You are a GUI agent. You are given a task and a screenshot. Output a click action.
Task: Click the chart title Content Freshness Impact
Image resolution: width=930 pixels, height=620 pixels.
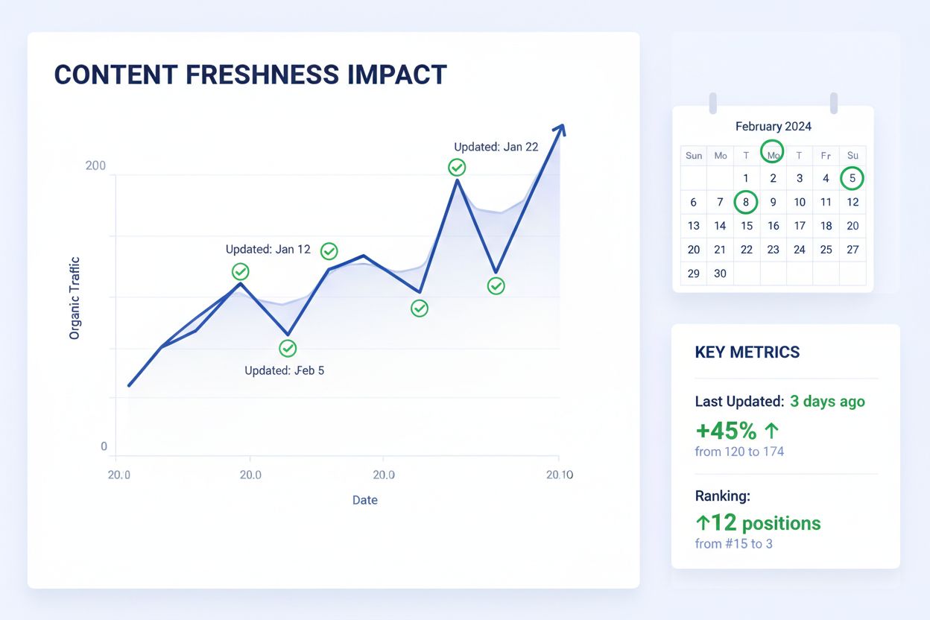coord(250,75)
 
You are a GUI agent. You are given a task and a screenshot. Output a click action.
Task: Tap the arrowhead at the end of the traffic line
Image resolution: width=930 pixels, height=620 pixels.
coord(560,130)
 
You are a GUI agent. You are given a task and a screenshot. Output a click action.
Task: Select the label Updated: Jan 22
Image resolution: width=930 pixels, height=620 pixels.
coord(496,147)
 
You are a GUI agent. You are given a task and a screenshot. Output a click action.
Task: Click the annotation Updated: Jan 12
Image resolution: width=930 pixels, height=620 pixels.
coord(268,250)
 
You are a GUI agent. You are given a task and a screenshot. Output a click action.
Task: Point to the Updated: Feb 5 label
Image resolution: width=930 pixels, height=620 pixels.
coord(284,370)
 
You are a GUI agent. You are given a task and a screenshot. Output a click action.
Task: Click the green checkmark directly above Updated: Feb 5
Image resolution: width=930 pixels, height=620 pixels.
coord(288,348)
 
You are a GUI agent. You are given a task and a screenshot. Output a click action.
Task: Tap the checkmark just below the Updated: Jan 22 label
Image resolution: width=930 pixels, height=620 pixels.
coord(458,168)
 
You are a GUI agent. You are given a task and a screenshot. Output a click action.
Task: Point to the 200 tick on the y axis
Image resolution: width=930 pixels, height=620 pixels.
coord(95,166)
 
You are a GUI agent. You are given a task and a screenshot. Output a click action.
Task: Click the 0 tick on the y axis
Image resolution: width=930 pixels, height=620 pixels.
coord(104,447)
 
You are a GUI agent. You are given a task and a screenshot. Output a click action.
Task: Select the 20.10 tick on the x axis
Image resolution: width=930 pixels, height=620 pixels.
coord(559,475)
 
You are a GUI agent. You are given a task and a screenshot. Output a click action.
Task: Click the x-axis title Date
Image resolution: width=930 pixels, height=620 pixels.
coord(364,500)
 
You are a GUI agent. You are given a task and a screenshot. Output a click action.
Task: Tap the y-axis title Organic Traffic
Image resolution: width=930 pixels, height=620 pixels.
coord(75,298)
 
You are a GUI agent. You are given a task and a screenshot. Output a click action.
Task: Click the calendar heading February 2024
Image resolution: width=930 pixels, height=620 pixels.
coord(773,127)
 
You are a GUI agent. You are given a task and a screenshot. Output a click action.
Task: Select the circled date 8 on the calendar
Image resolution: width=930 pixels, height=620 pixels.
coord(746,202)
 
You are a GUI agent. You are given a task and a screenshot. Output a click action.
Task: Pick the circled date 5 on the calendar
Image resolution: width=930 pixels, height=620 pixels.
coord(852,178)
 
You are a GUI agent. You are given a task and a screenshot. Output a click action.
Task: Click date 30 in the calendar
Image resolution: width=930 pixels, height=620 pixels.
coord(720,273)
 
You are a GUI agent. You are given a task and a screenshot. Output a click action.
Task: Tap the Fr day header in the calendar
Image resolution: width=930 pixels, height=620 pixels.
coord(826,156)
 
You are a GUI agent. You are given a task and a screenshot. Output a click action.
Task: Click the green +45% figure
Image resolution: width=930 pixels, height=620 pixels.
coord(727,431)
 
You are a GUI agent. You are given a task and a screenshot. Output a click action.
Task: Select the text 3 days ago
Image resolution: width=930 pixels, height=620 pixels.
coord(827,402)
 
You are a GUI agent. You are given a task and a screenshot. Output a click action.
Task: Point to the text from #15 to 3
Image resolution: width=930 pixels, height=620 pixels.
coord(733,544)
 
